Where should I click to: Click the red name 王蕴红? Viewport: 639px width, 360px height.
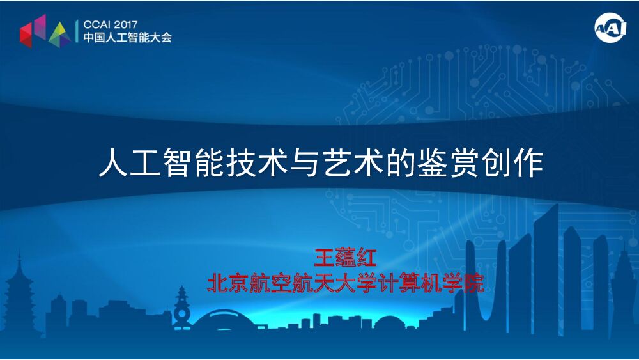pos(346,258)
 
